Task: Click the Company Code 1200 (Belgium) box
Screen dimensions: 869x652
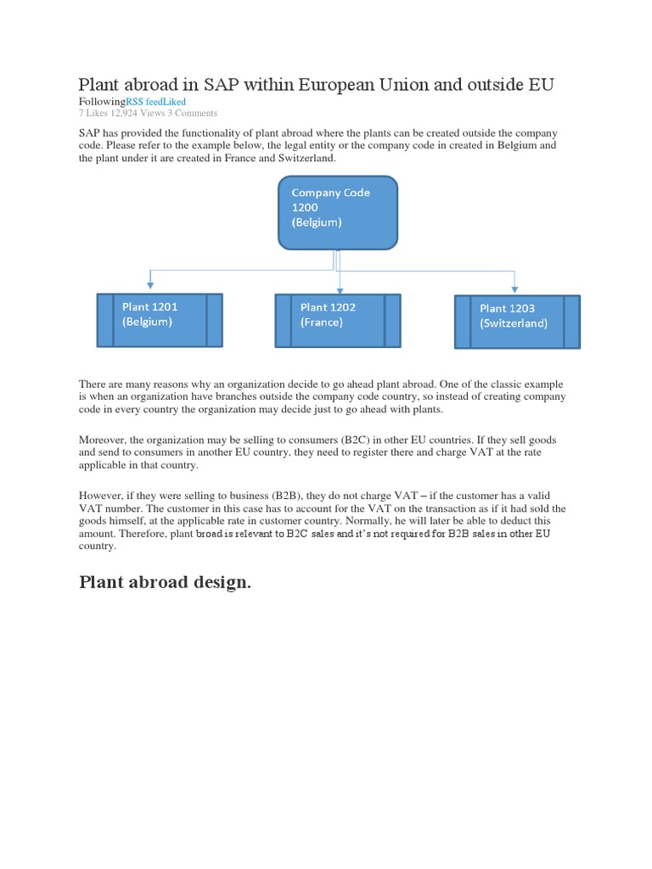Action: tap(338, 213)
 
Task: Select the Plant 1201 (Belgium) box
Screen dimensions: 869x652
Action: tap(160, 320)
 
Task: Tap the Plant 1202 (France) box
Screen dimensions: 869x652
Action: tap(338, 321)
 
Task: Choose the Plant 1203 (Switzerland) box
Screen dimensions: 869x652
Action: tap(517, 322)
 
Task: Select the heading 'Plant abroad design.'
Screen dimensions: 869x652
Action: tap(165, 582)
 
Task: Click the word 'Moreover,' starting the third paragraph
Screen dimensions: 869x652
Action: tap(106, 440)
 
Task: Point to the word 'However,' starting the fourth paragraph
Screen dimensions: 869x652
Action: tap(104, 495)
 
